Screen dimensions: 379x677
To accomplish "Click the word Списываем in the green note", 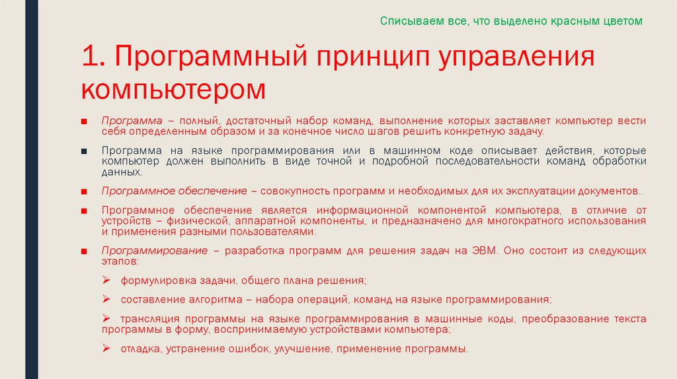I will coord(403,21).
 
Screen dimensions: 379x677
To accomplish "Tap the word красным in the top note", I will coord(564,21).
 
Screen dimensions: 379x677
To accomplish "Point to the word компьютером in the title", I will coord(175,88).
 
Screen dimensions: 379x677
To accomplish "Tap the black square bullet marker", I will coord(85,151).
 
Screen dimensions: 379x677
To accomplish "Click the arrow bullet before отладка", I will coord(106,347).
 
